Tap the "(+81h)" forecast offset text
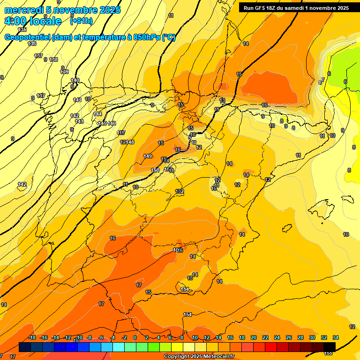coord(81,21)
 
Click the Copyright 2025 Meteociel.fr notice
coord(199,357)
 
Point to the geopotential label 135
coord(22,30)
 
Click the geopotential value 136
coord(32,44)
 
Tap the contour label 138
coord(54,60)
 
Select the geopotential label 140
coord(75,80)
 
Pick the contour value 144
coord(97,114)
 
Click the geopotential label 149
coord(148,156)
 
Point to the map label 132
coord(180,191)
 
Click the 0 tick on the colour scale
coord(135,337)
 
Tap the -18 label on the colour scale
coord(32,337)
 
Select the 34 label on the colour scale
coord(336,337)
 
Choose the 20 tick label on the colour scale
coord(254,337)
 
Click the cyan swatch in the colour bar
coord(119,347)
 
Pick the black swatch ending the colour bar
coord(330,347)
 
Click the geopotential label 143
coord(79,121)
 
